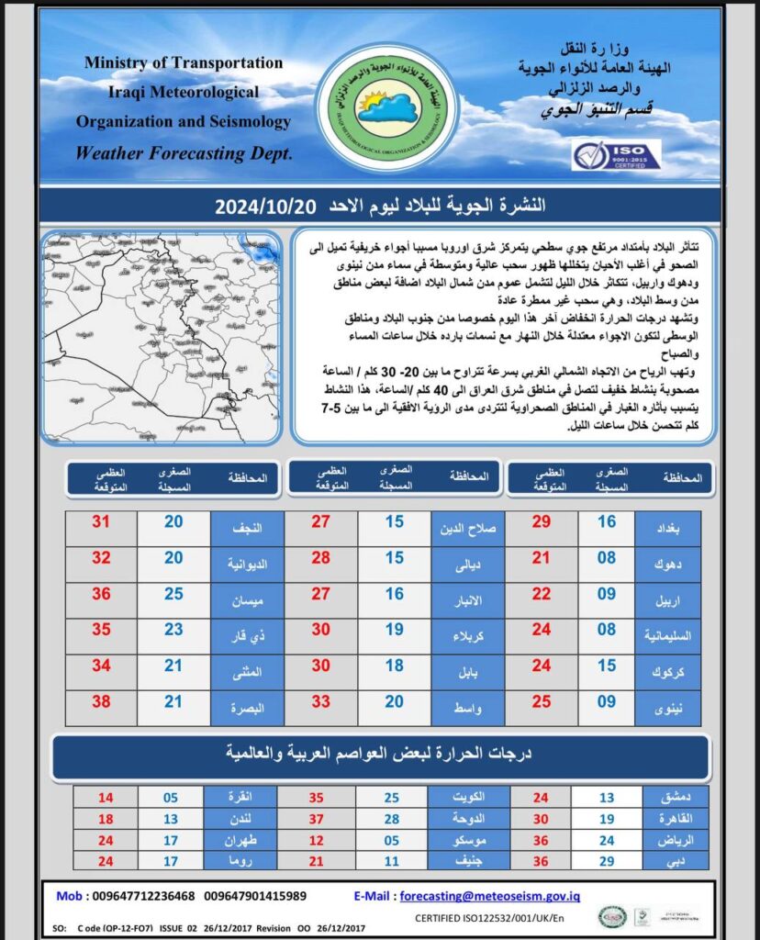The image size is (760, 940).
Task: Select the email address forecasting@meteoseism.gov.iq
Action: click(x=489, y=897)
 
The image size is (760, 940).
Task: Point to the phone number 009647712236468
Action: click(x=139, y=897)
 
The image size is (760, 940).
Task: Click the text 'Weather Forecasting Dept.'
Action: click(x=184, y=153)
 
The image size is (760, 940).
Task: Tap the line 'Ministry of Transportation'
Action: click(x=184, y=62)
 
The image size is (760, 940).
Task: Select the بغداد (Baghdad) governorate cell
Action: click(x=667, y=530)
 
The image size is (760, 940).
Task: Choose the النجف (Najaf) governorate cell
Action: click(x=247, y=530)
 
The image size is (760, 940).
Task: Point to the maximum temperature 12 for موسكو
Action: click(x=318, y=840)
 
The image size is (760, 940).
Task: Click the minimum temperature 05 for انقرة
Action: click(x=171, y=798)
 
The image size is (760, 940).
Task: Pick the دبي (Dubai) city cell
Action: click(x=676, y=861)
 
